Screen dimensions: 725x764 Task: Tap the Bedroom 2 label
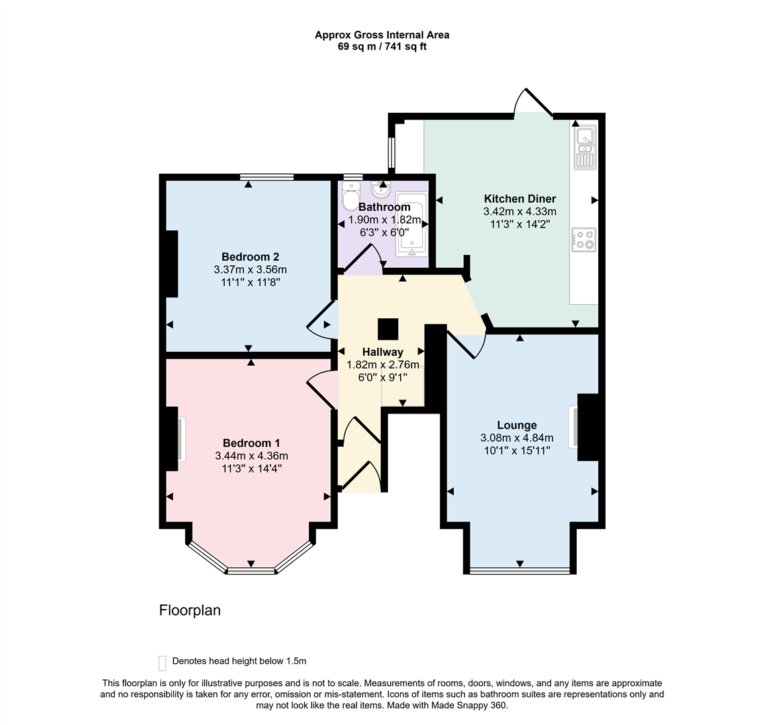click(250, 256)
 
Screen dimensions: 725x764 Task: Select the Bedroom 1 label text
click(251, 443)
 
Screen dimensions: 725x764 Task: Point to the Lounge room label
click(516, 425)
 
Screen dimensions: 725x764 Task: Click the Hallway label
click(383, 352)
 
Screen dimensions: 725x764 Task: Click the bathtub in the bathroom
click(410, 224)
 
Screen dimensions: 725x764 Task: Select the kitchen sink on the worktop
click(584, 148)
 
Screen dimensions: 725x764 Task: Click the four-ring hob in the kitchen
click(583, 240)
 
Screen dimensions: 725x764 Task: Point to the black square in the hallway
click(387, 330)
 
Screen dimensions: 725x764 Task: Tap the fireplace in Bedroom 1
click(180, 439)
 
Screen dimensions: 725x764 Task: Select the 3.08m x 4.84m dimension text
click(516, 438)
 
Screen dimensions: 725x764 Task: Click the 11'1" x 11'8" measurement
click(250, 283)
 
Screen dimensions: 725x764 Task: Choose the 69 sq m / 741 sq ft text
click(382, 46)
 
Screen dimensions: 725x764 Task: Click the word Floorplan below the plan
click(189, 610)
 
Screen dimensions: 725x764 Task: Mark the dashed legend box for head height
click(162, 663)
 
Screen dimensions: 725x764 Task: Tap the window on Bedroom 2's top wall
click(267, 177)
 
